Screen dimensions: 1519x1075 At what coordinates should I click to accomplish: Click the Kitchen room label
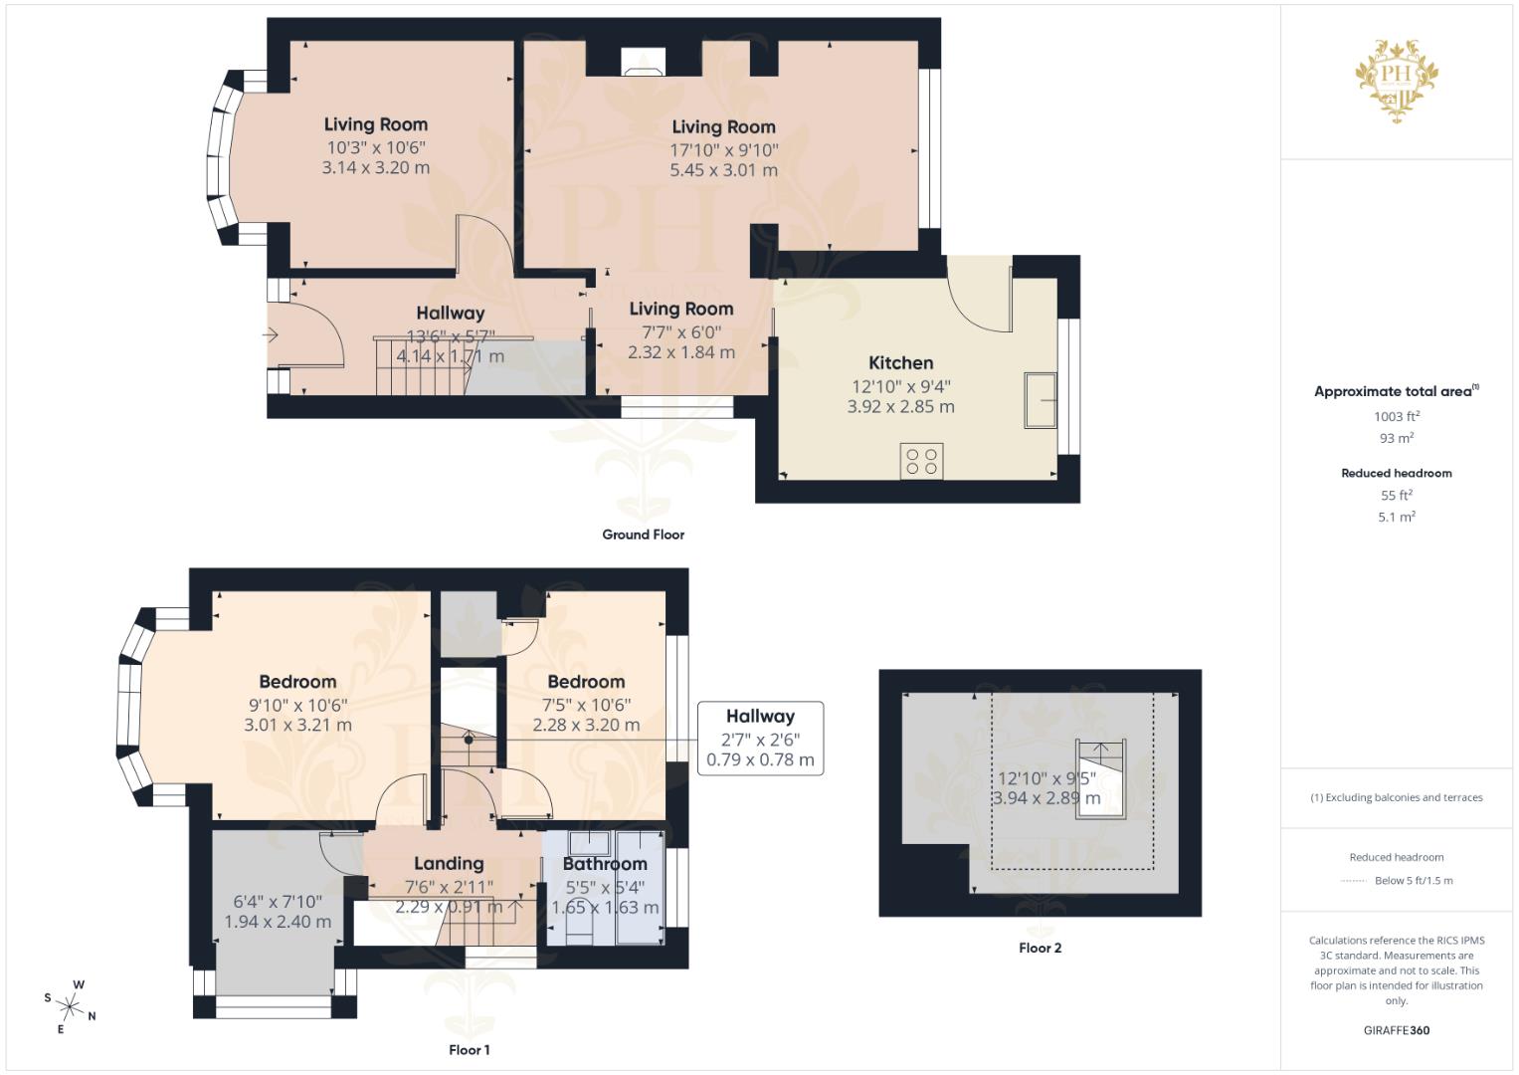coord(900,363)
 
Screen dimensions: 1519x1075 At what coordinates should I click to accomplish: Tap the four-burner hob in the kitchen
coord(921,462)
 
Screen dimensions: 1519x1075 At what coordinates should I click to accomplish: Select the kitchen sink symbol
coord(1040,400)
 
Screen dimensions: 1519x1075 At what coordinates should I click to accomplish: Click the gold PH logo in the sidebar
coord(1397,81)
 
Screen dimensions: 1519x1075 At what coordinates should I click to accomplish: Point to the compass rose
coord(70,1006)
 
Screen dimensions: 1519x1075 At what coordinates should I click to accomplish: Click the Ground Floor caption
coord(644,535)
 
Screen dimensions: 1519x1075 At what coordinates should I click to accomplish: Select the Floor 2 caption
coord(1041,948)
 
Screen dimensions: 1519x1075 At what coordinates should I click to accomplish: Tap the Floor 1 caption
coord(470,1050)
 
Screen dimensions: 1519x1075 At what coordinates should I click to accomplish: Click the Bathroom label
coord(605,864)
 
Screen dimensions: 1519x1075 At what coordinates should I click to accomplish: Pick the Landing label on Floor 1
coord(449,863)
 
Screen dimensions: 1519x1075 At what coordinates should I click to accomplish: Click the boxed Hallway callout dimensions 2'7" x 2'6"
coord(760,739)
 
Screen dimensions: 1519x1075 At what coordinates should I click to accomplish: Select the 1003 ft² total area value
coord(1397,416)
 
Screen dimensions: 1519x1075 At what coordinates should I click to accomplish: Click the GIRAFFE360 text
coord(1397,1030)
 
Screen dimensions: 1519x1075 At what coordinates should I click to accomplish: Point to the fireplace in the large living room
coord(643,63)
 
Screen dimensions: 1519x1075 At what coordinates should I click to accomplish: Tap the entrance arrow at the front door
coord(271,334)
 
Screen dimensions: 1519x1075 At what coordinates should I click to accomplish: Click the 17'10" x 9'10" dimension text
coord(724,150)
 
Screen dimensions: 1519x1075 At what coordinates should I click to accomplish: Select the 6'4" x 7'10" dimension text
coord(278,902)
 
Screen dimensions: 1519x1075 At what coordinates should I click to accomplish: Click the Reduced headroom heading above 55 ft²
coord(1397,473)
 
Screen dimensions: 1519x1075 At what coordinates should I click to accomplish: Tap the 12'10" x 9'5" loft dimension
coord(1047,778)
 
